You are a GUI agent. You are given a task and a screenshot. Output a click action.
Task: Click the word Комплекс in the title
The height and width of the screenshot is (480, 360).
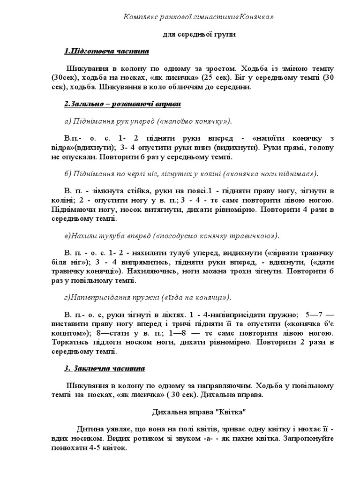click(x=140, y=17)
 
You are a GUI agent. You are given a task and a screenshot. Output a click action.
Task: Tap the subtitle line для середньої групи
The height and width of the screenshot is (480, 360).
click(x=199, y=34)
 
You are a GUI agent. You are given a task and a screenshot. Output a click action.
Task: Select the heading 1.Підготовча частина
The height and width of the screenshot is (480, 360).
click(x=106, y=51)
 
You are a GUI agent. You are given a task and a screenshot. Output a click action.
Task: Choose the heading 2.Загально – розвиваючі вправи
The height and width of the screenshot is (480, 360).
click(x=123, y=103)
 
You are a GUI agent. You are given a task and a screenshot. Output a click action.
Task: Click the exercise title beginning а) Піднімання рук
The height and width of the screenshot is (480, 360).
click(x=148, y=121)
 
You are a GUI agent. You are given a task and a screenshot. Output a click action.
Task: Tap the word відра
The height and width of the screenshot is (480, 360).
click(x=74, y=148)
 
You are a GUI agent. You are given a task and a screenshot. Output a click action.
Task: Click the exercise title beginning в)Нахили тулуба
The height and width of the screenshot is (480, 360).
click(x=172, y=235)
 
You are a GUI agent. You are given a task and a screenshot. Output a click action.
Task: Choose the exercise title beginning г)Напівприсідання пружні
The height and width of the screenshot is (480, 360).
click(x=148, y=297)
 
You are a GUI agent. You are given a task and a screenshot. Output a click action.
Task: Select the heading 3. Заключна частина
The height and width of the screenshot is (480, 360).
click(x=105, y=368)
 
